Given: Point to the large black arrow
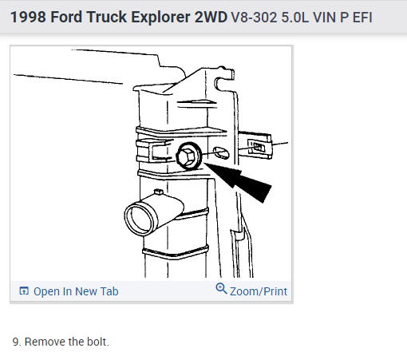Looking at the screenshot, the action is (239, 180).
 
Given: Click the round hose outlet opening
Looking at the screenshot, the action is (140, 219).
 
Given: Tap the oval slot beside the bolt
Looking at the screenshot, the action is (221, 152).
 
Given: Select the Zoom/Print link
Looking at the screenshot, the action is (259, 291).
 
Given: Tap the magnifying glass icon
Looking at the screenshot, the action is (221, 289).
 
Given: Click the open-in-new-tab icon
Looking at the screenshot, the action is (24, 291).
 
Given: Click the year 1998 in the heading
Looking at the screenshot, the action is (28, 17).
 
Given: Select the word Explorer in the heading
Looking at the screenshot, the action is (160, 18).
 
